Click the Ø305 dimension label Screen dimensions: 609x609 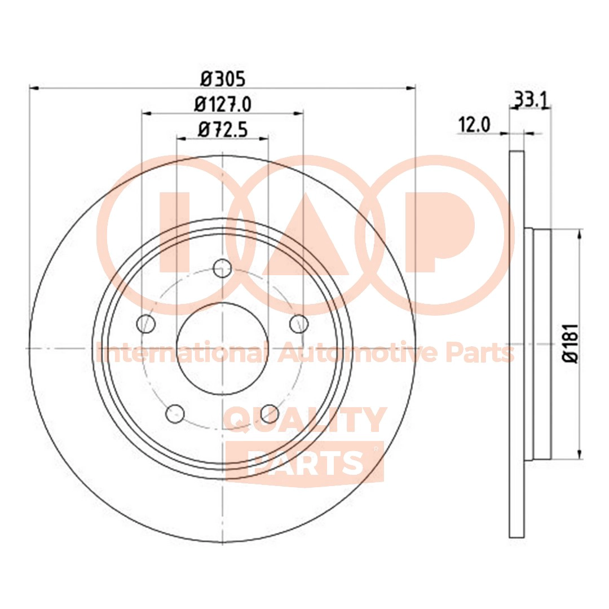click(x=223, y=79)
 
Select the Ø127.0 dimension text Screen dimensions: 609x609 click(x=223, y=104)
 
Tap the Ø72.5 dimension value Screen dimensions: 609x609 click(x=223, y=130)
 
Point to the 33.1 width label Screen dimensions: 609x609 click(x=530, y=100)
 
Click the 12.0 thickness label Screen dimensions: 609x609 click(x=475, y=125)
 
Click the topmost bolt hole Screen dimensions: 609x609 click(x=223, y=268)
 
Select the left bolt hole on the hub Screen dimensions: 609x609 click(x=146, y=324)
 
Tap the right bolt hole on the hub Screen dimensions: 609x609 click(x=299, y=324)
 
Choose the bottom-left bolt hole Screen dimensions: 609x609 click(x=175, y=414)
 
